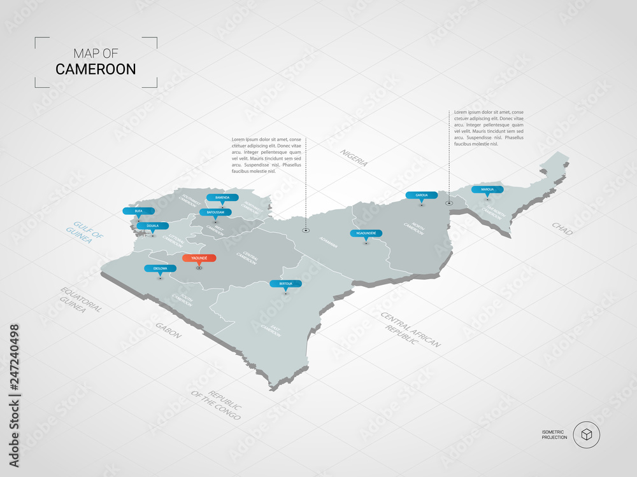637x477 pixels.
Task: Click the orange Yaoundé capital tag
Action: [x=199, y=258]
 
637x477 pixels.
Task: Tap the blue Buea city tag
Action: [x=133, y=211]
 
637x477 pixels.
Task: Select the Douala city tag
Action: [x=153, y=226]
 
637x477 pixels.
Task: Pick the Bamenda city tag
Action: [x=222, y=197]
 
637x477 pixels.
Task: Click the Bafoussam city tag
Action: [x=215, y=212]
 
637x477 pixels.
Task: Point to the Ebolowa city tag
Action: [x=160, y=268]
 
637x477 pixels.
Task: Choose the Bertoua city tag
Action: [x=285, y=283]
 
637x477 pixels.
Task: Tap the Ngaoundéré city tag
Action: [x=366, y=233]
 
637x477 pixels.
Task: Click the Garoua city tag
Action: [x=422, y=195]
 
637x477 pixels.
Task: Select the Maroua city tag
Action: [x=487, y=190]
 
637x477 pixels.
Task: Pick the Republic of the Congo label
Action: [x=216, y=405]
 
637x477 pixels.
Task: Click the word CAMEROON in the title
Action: [x=96, y=69]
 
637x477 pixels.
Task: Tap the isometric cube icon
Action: [x=586, y=435]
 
